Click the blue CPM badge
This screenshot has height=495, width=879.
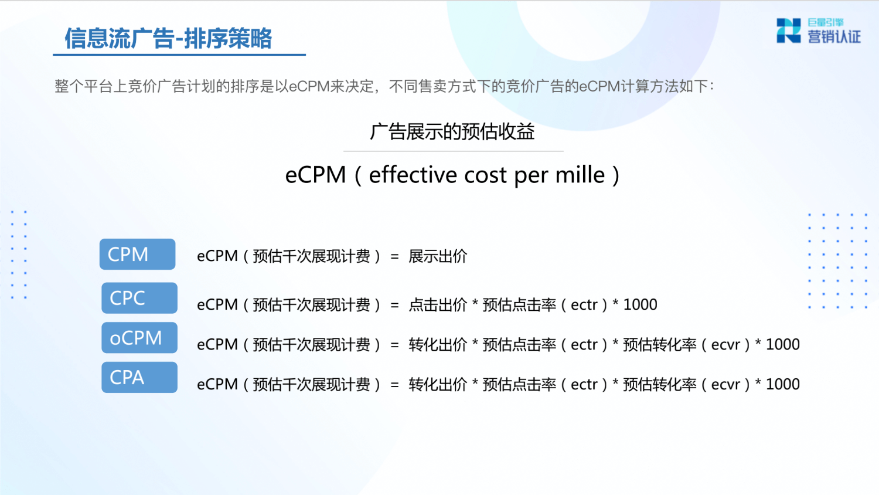point(137,254)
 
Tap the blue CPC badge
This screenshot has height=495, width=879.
point(139,298)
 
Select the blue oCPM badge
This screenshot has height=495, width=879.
point(139,337)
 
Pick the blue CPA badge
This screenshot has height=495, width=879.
point(139,377)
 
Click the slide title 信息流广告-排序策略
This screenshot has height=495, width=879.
point(168,38)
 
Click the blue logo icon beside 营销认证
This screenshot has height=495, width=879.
point(788,30)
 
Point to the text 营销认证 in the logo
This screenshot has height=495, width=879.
point(834,36)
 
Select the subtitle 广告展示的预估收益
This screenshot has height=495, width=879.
point(452,131)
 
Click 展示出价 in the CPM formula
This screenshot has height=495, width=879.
point(438,256)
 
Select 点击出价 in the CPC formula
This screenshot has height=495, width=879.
point(438,304)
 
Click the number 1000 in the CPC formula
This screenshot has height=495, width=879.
point(640,304)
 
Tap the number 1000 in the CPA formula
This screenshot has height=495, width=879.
point(782,384)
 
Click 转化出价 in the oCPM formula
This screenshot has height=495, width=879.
point(438,344)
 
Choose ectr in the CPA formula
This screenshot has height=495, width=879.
point(584,384)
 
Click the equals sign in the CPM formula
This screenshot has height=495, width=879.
point(395,257)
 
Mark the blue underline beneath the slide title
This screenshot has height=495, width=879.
point(179,55)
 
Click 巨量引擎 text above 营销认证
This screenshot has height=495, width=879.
point(825,22)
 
